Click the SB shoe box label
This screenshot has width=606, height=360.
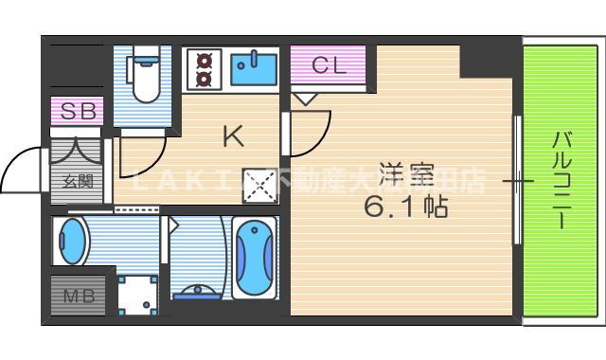(77, 111)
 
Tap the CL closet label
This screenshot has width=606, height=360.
(330, 65)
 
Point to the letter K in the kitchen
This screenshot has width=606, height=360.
(233, 136)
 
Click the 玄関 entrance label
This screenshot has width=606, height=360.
(78, 181)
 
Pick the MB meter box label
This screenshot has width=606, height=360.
(78, 297)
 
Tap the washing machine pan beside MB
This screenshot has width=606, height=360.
(138, 294)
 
